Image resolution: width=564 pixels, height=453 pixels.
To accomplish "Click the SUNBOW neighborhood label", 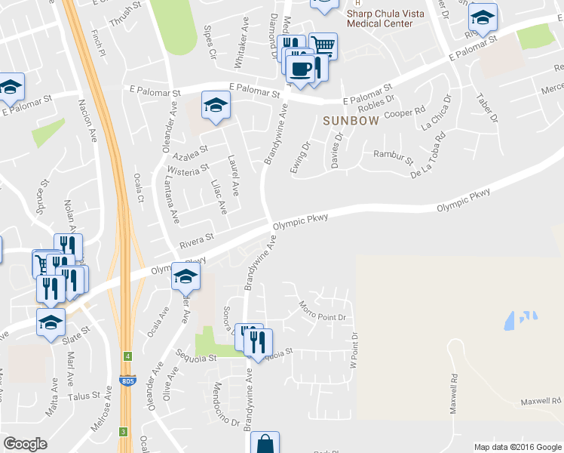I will pyautogui.click(x=351, y=121).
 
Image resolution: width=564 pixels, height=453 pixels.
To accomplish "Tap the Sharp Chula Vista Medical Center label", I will pyautogui.click(x=380, y=18).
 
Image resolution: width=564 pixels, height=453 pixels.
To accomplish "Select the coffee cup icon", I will pyautogui.click(x=301, y=69).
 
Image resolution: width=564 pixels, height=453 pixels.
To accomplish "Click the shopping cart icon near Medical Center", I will pyautogui.click(x=323, y=45).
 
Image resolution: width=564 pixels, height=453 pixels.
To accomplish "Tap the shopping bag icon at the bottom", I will pyautogui.click(x=265, y=444).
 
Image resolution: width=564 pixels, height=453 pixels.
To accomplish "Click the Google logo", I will pyautogui.click(x=25, y=444).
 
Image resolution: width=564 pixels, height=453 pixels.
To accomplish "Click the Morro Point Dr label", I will pyautogui.click(x=322, y=313).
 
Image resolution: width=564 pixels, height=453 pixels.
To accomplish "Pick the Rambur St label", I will pyautogui.click(x=394, y=157).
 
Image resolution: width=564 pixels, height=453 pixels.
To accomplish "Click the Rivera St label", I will pyautogui.click(x=197, y=242).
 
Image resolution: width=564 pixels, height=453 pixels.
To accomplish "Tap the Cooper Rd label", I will pyautogui.click(x=401, y=114).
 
